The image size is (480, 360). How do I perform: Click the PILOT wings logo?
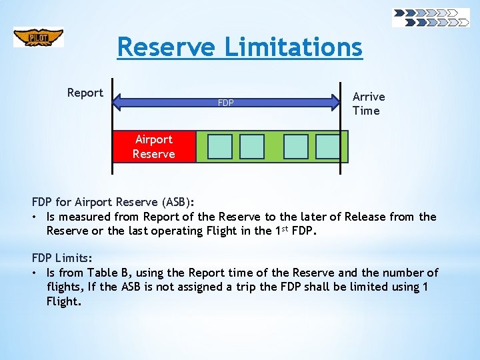click(39, 37)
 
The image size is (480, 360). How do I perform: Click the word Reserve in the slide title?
click(166, 47)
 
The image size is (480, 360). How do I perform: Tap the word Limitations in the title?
click(293, 47)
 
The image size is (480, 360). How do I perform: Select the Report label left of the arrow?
click(85, 93)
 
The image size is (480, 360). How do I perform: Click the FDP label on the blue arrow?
click(226, 103)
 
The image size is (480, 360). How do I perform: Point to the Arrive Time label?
click(368, 104)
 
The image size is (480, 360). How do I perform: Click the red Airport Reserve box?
click(154, 147)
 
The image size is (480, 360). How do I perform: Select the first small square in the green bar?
click(219, 147)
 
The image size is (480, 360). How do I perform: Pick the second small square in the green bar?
click(252, 147)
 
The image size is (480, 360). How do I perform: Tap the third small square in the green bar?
click(295, 147)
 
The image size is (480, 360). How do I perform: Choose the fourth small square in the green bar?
click(328, 147)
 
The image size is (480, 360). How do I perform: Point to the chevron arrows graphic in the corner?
click(431, 18)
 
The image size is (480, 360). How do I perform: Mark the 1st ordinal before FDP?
click(281, 230)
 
